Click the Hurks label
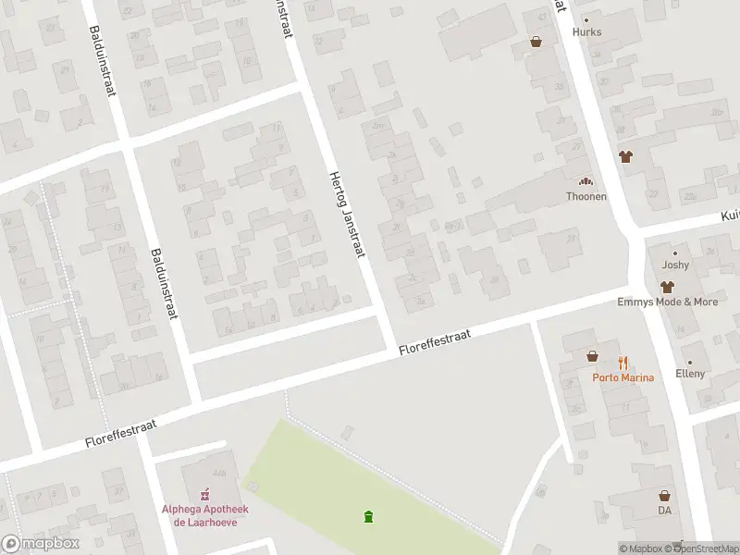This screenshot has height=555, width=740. [x=586, y=31]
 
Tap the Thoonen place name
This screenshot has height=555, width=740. [x=586, y=196]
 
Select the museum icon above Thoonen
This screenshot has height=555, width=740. [x=586, y=182]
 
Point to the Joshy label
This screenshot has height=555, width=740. [x=675, y=265]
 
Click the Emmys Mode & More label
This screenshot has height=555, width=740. [x=668, y=302]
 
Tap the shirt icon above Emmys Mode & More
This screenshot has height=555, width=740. [x=666, y=288]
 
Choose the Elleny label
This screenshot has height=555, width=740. [x=689, y=374]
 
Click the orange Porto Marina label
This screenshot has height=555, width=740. [x=623, y=377]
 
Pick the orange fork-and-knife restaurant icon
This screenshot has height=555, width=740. [x=623, y=363]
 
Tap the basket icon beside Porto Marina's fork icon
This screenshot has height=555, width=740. [x=592, y=355]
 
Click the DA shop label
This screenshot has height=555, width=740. [x=664, y=510]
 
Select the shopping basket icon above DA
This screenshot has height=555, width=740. [x=664, y=496]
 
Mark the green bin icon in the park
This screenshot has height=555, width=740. [x=369, y=516]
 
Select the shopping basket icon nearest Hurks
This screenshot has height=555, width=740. [x=536, y=42]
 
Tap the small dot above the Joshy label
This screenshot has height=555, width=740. [x=675, y=253]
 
